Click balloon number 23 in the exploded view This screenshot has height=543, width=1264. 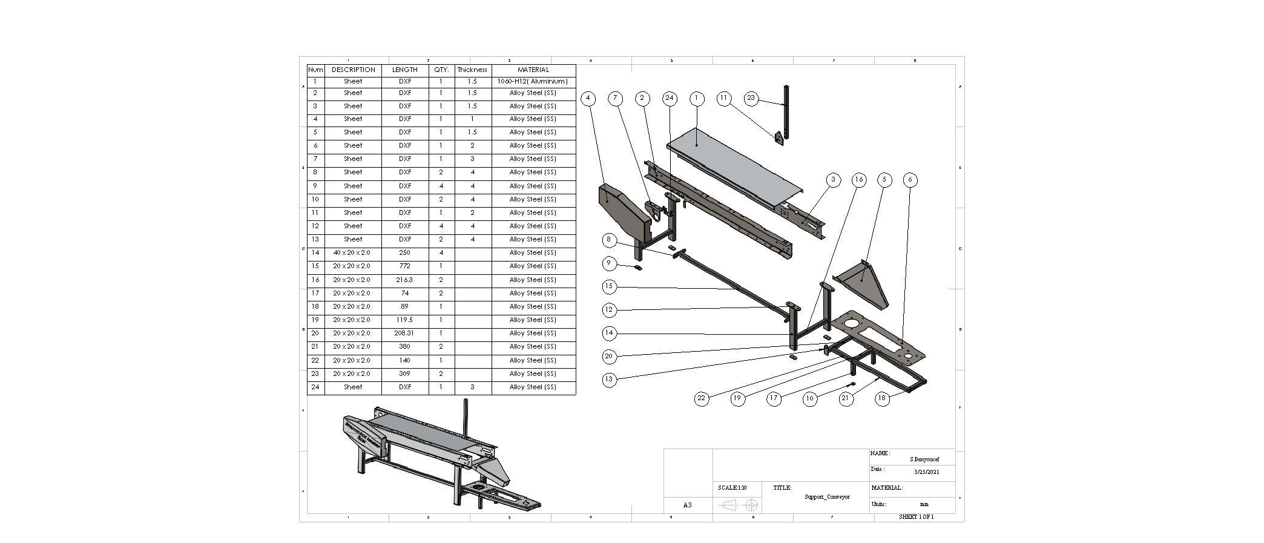[751, 98]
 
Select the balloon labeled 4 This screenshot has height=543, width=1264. [587, 98]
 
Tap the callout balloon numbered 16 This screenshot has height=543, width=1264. [858, 179]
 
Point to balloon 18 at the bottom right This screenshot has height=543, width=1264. [883, 398]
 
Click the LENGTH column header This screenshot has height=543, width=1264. [404, 70]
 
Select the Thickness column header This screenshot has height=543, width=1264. [472, 70]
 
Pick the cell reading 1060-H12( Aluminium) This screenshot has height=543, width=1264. [533, 81]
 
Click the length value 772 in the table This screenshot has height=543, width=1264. [404, 266]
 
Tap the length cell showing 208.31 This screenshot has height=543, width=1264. [404, 333]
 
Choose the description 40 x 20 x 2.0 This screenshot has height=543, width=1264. [352, 252]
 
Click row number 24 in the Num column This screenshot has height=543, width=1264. [315, 387]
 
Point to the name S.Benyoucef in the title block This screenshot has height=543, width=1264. [924, 459]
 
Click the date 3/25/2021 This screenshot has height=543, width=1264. [926, 472]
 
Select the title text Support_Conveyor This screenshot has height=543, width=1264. [827, 497]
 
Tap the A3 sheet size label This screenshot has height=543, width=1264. [687, 505]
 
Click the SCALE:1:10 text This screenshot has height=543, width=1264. [732, 488]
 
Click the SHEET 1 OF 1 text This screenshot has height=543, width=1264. [916, 517]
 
